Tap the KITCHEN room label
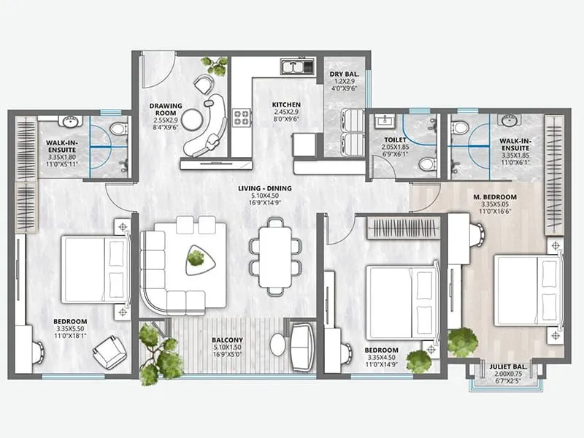pos(286,105)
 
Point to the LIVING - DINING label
pos(264,189)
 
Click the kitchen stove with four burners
pos(241,116)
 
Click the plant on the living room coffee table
pos(196,256)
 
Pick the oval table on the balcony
pos(278,345)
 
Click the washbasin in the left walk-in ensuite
pos(70,121)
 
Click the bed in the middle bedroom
pos(401,293)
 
